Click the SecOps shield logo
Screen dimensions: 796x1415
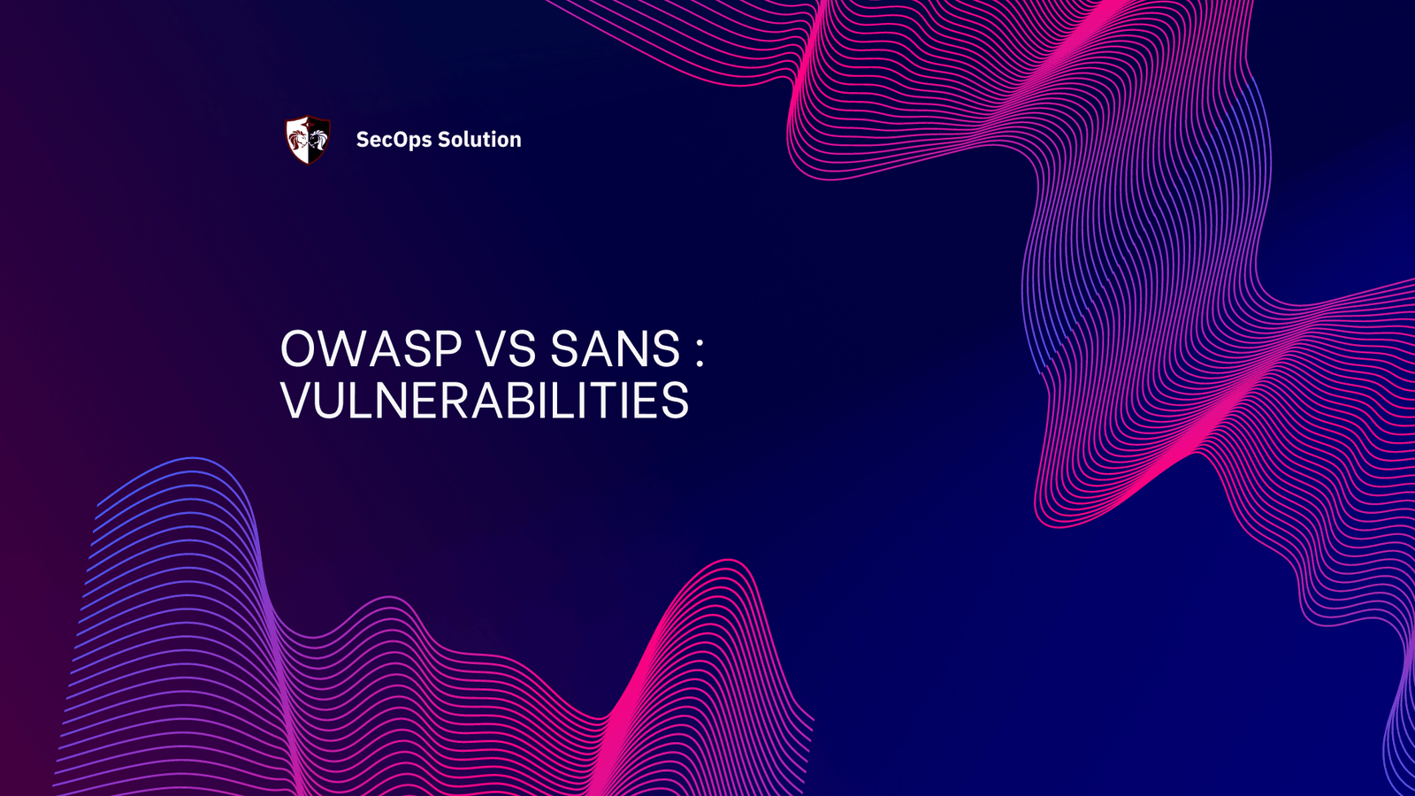click(308, 140)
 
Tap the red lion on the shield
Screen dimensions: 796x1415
click(297, 139)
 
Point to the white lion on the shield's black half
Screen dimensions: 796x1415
click(318, 139)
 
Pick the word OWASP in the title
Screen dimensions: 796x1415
click(371, 348)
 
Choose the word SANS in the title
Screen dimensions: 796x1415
click(616, 348)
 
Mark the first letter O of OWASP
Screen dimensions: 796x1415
click(299, 348)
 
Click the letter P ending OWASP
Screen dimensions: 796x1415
click(447, 348)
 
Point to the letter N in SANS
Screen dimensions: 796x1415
click(630, 348)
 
